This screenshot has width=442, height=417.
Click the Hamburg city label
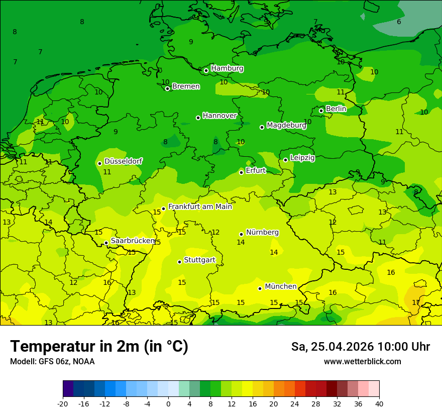point(227,68)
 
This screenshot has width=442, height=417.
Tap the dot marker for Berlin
point(321,111)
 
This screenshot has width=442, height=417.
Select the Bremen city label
point(186,86)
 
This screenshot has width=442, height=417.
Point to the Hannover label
point(219,116)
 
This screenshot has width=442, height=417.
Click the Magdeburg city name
point(286,125)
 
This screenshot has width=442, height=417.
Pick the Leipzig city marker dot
point(285,160)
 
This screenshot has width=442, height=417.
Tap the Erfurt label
point(256,170)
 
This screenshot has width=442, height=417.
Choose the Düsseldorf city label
point(123,161)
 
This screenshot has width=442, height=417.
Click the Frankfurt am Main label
point(200,206)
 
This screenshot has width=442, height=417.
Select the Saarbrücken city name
point(133,241)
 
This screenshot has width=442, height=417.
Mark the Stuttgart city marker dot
point(179,262)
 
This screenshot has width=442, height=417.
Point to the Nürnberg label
point(262,232)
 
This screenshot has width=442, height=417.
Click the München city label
point(280,286)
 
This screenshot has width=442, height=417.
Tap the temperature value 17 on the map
point(416,302)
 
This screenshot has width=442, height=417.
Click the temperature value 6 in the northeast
point(399,22)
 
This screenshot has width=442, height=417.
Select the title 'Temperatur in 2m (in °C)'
point(99,346)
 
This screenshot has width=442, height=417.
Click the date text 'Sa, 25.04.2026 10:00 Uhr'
point(360,347)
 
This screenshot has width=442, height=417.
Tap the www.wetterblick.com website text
point(362,361)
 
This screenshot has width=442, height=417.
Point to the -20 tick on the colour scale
point(63,403)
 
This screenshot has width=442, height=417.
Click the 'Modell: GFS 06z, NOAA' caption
point(52,361)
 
